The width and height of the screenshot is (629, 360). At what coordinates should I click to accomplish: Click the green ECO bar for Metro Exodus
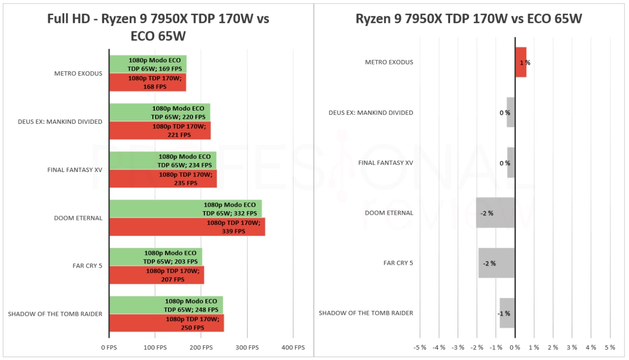coord(147,64)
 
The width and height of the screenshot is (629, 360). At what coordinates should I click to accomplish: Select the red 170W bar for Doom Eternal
coord(187,227)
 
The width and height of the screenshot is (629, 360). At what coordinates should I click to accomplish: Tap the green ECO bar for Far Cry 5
coord(155,257)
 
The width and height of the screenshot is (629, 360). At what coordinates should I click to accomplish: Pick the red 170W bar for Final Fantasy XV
coord(163,179)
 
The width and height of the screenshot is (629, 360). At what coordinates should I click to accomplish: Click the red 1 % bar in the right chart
coord(520,62)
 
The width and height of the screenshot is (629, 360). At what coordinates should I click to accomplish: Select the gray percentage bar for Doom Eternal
coord(495,213)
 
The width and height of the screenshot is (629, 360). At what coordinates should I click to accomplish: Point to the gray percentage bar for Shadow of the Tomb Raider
coord(507,313)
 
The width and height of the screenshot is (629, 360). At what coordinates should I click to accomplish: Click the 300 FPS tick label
coord(247,348)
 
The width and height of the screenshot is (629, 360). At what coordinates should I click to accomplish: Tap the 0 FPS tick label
coord(109,348)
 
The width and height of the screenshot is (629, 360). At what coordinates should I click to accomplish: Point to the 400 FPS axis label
coord(293,348)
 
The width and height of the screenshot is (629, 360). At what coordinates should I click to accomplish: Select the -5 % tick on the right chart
coord(420,348)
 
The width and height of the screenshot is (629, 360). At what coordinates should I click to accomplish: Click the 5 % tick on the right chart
coord(610,348)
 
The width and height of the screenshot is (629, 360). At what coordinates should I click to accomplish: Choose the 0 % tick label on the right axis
coord(515,348)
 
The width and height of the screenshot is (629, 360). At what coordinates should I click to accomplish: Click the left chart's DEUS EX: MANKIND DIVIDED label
coord(60,122)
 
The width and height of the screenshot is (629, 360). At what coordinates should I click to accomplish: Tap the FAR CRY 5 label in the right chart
coord(398,263)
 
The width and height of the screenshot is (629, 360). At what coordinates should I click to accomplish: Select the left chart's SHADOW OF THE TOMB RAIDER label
coord(55,314)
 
